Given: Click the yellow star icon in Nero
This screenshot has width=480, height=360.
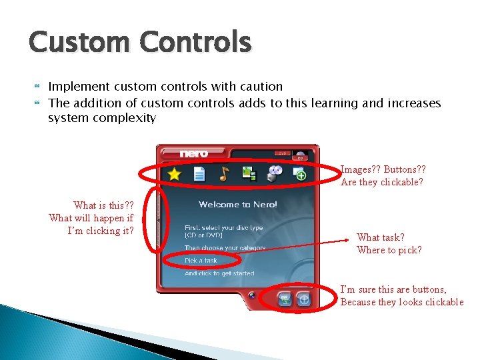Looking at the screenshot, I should (x=174, y=175).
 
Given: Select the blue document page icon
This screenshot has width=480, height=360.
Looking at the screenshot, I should (x=199, y=175).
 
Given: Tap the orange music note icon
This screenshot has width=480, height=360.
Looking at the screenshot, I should (x=224, y=174).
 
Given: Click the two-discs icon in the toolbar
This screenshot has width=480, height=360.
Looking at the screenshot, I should (x=275, y=172).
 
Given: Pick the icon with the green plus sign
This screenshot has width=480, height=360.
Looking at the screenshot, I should (x=300, y=174).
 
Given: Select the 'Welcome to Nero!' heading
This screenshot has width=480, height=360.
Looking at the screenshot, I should (x=237, y=205).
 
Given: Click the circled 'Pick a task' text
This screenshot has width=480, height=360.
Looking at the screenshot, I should (x=201, y=261).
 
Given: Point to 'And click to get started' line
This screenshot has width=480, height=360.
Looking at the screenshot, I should (x=220, y=273).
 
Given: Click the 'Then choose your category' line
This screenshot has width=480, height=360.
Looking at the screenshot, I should (x=225, y=248).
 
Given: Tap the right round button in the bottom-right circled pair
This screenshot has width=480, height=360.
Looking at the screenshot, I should (x=304, y=299).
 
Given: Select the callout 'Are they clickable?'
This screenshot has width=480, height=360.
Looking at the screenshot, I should (x=381, y=182).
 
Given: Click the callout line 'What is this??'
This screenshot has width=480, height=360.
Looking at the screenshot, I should (x=103, y=205).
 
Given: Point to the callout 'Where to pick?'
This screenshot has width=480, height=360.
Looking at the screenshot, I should (x=389, y=250).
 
